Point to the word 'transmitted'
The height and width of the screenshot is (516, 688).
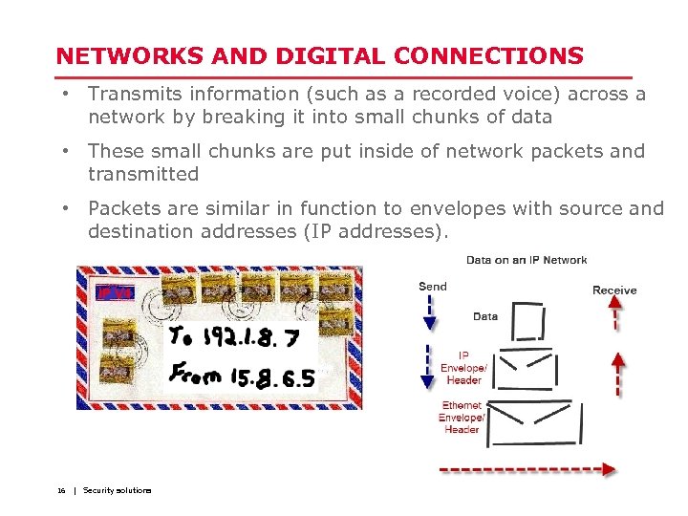[x=142, y=174]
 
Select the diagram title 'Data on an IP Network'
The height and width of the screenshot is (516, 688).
[x=527, y=260]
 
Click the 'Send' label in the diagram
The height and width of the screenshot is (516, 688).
[x=432, y=286]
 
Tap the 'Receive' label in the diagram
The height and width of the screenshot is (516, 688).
[x=614, y=290]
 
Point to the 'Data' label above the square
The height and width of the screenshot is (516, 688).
[x=485, y=316]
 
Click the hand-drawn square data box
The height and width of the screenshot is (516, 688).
[x=527, y=322]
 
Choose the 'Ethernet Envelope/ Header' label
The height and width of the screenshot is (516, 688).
[x=462, y=418]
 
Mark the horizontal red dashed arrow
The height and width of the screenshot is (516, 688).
[x=527, y=469]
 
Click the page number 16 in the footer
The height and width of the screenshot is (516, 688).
[x=61, y=490]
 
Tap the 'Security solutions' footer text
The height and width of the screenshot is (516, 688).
[x=117, y=490]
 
